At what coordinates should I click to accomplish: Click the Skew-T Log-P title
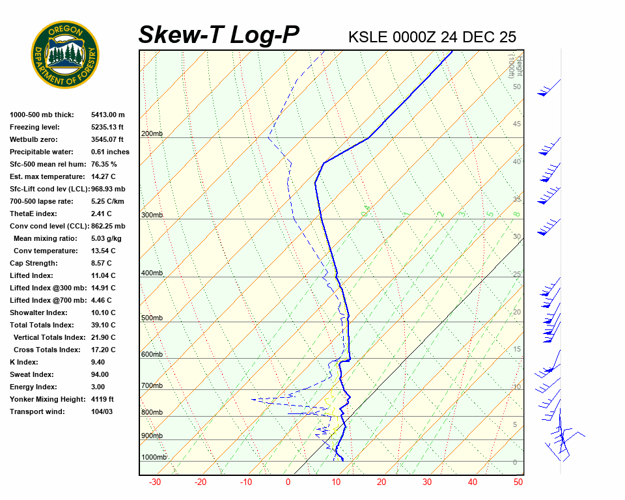[x=219, y=35]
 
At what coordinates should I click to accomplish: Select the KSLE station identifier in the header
[x=368, y=36]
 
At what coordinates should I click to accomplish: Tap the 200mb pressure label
[x=152, y=133]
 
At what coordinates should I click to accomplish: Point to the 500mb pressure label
[x=152, y=318]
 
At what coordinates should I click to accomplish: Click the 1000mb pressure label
[x=154, y=458]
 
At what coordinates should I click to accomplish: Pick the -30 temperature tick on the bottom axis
[x=155, y=482]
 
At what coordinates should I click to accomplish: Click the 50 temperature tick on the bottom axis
[x=518, y=482]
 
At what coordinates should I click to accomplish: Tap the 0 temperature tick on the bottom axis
[x=288, y=482]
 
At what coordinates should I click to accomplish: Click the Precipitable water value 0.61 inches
[x=110, y=152]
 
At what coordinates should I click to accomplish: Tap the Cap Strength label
[x=34, y=263]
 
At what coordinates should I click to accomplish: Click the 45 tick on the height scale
[x=517, y=124]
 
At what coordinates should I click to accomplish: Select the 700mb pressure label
[x=152, y=386]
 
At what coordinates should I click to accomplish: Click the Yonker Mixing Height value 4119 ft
[x=103, y=399]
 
